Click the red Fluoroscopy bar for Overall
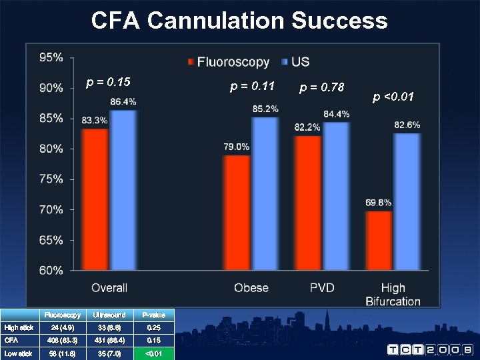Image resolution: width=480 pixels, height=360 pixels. [95, 199]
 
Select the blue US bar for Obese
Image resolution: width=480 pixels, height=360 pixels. [265, 193]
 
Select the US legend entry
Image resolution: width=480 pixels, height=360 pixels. [295, 62]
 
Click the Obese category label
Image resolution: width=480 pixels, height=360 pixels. [251, 288]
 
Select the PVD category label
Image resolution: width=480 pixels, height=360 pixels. [322, 288]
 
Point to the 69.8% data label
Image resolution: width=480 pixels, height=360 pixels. [379, 203]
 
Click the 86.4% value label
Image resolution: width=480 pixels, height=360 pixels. [123, 101]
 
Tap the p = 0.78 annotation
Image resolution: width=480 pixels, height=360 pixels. [322, 87]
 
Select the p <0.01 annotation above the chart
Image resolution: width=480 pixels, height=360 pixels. [393, 97]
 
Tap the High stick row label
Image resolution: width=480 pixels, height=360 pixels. [19, 327]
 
